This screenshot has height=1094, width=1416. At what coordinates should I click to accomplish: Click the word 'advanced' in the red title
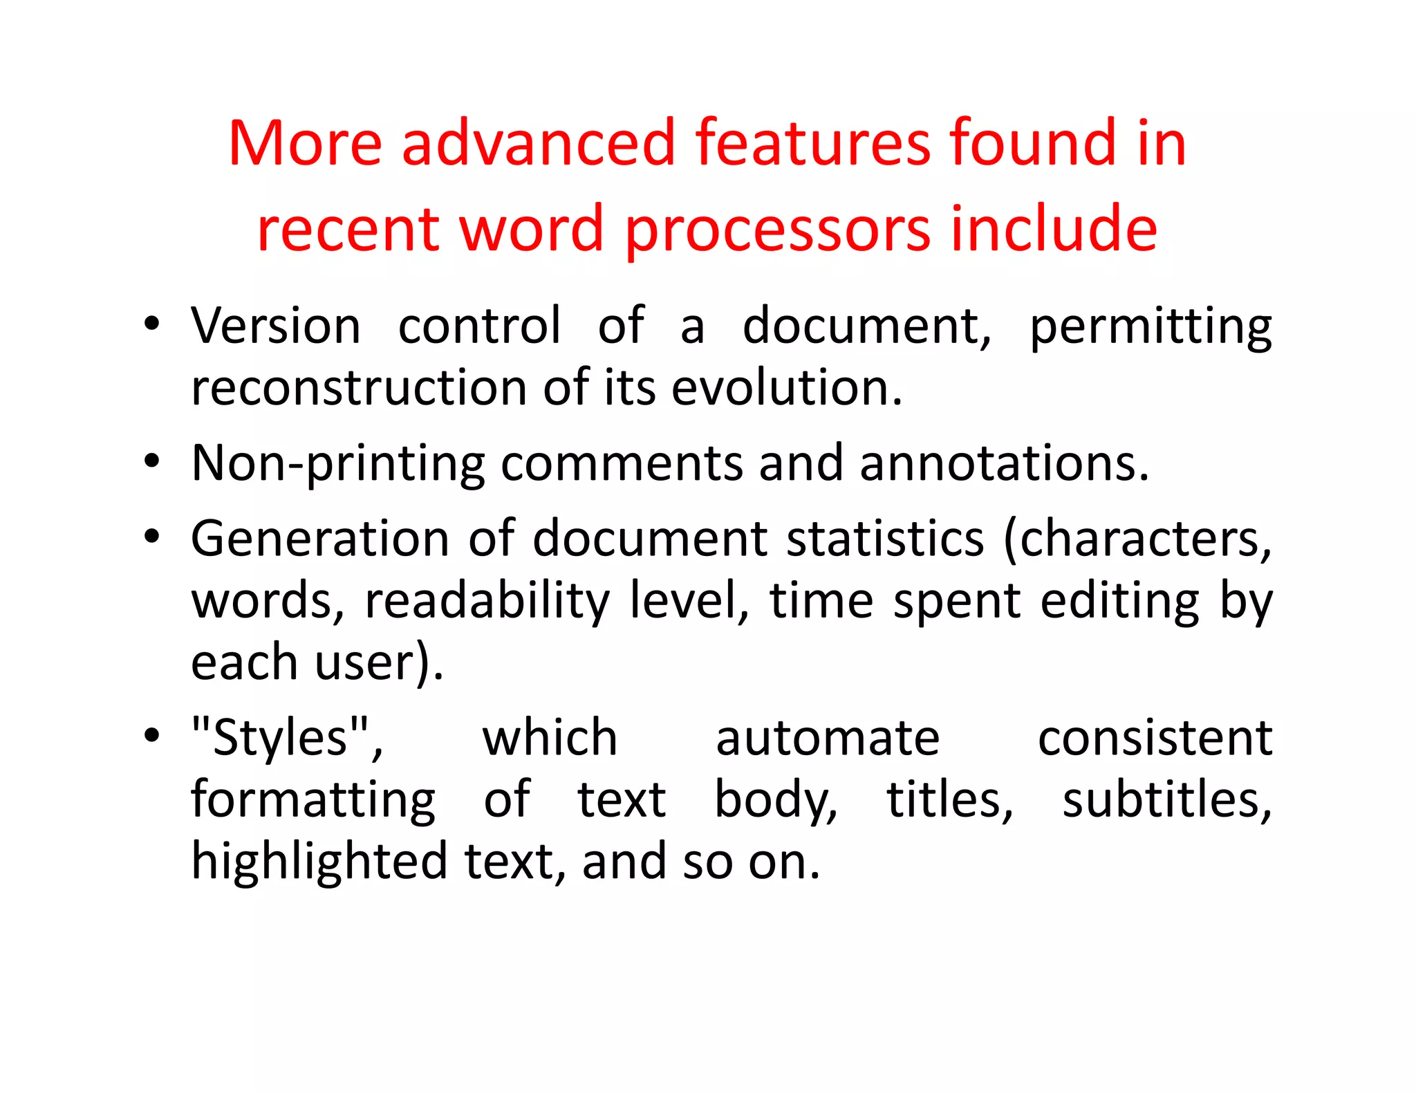point(538,143)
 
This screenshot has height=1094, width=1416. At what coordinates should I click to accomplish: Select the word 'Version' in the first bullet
point(276,326)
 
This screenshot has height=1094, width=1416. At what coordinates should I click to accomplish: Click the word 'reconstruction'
point(357,387)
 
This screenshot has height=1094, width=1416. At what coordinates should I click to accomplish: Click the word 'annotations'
point(1003,463)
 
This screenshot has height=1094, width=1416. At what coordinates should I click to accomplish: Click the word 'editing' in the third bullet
point(1119,602)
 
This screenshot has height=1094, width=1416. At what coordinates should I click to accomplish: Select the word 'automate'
point(828,738)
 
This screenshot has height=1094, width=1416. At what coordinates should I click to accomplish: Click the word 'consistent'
point(1155,738)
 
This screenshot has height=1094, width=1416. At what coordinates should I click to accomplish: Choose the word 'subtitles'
point(1166,799)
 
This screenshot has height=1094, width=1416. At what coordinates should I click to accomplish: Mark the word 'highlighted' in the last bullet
point(319,862)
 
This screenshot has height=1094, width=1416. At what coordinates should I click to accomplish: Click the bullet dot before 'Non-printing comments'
point(152,461)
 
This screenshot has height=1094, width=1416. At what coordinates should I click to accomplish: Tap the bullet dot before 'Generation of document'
point(152,537)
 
